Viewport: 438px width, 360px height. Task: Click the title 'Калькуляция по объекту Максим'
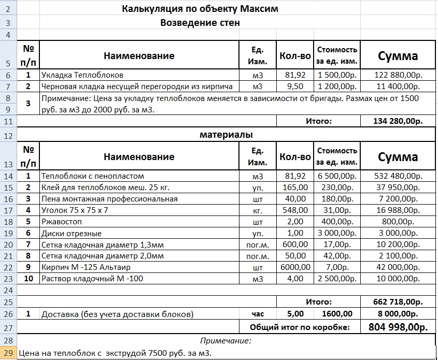tap(200, 9)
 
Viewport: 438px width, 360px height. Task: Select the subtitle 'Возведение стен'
tap(200, 23)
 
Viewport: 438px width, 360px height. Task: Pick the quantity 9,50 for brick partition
tap(295, 86)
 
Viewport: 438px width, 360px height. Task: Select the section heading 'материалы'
tap(226, 135)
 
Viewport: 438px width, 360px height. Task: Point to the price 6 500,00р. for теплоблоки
tap(337, 176)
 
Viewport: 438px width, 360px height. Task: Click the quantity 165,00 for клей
tap(295, 188)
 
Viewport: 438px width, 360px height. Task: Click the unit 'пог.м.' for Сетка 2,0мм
tap(258, 256)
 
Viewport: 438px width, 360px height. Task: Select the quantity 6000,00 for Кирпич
tap(295, 267)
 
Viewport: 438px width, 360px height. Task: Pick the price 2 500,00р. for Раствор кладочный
tap(337, 279)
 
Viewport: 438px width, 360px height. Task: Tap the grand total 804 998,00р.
tap(398, 327)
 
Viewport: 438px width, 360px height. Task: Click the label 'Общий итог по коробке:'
tap(300, 327)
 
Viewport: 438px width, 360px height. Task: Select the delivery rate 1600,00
tap(337, 314)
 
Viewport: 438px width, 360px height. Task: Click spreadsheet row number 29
tap(9, 353)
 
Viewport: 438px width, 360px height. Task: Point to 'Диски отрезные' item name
tap(72, 233)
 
